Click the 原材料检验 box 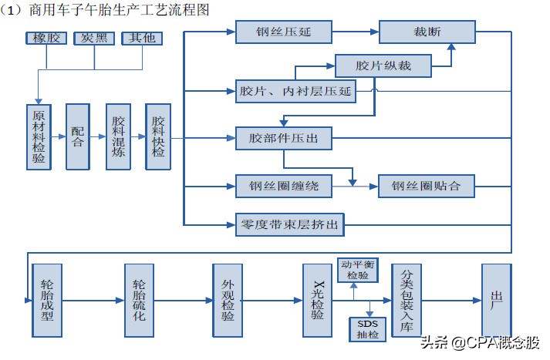(x=38, y=136)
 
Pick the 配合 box (x=78, y=136)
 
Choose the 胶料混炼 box (x=118, y=136)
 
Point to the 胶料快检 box (x=158, y=136)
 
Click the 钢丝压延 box (x=283, y=32)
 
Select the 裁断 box (x=416, y=32)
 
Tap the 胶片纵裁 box (x=383, y=66)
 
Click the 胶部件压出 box (x=283, y=139)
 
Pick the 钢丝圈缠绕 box (x=283, y=186)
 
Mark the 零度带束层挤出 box (x=288, y=225)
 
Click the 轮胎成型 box (x=47, y=301)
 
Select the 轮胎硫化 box (x=139, y=301)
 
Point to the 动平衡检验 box (x=357, y=270)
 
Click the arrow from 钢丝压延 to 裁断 (x=355, y=32)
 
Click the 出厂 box (x=496, y=301)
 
